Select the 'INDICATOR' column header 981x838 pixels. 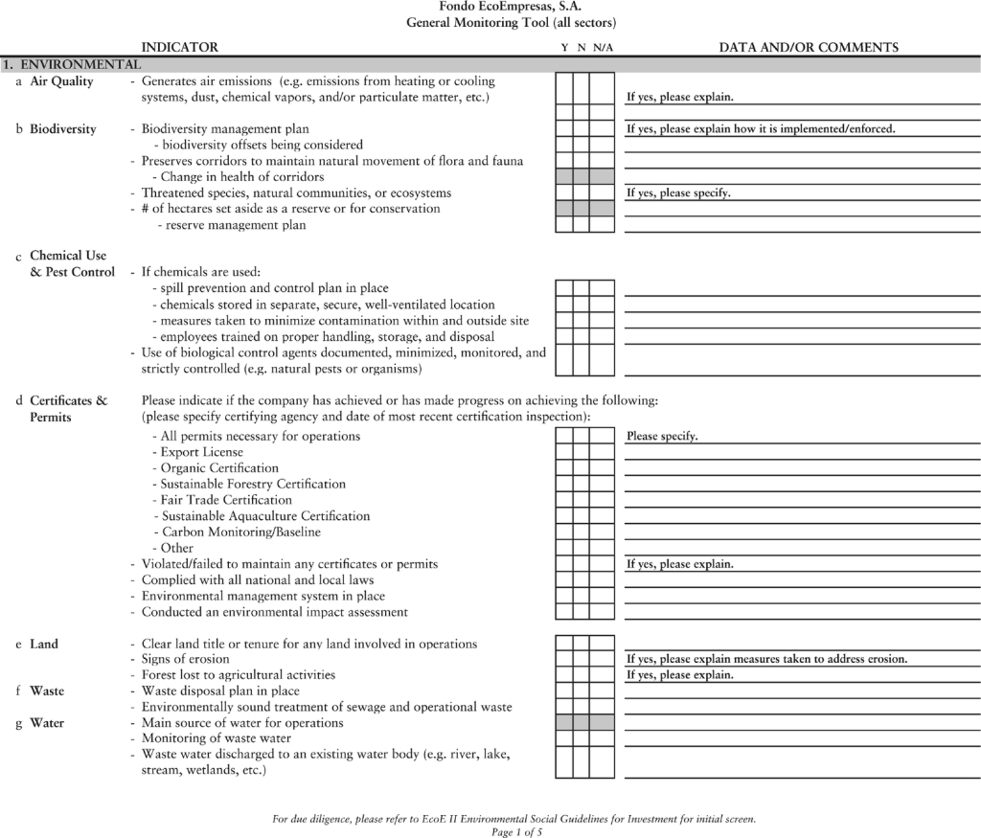click(x=179, y=47)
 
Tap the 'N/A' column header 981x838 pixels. click(x=603, y=47)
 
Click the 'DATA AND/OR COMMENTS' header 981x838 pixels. click(x=809, y=47)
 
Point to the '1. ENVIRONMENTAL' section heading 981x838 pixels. click(x=72, y=64)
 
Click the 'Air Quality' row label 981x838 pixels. click(x=61, y=81)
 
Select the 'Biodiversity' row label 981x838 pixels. click(x=62, y=129)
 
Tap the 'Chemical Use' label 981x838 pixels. click(x=68, y=256)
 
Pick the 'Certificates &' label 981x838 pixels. click(x=68, y=400)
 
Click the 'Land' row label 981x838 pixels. click(x=44, y=644)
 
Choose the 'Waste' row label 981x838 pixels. click(x=47, y=691)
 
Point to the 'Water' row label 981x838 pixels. click(x=47, y=723)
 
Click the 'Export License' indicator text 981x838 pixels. click(x=201, y=452)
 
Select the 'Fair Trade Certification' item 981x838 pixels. click(x=226, y=500)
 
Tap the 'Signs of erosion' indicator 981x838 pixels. click(x=185, y=659)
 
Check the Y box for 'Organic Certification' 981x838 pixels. click(x=563, y=468)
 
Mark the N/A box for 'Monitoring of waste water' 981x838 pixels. click(x=602, y=738)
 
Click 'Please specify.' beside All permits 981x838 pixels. click(x=662, y=437)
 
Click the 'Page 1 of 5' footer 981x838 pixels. click(x=516, y=832)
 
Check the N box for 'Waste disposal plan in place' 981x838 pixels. click(x=581, y=691)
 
